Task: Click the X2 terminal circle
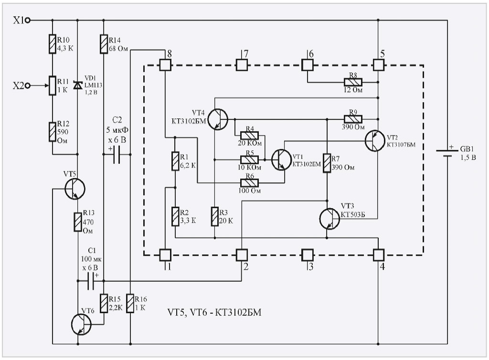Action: [x=28, y=86]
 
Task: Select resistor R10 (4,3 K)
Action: [x=52, y=44]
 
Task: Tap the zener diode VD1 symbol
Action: [x=77, y=85]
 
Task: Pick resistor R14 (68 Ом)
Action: [x=104, y=44]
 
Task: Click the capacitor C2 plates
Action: [x=117, y=155]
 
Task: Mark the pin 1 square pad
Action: [x=165, y=254]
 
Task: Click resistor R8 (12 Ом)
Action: [x=353, y=82]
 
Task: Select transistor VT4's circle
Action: [x=218, y=119]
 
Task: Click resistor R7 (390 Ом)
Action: [x=327, y=163]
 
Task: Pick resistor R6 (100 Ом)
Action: [x=249, y=182]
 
